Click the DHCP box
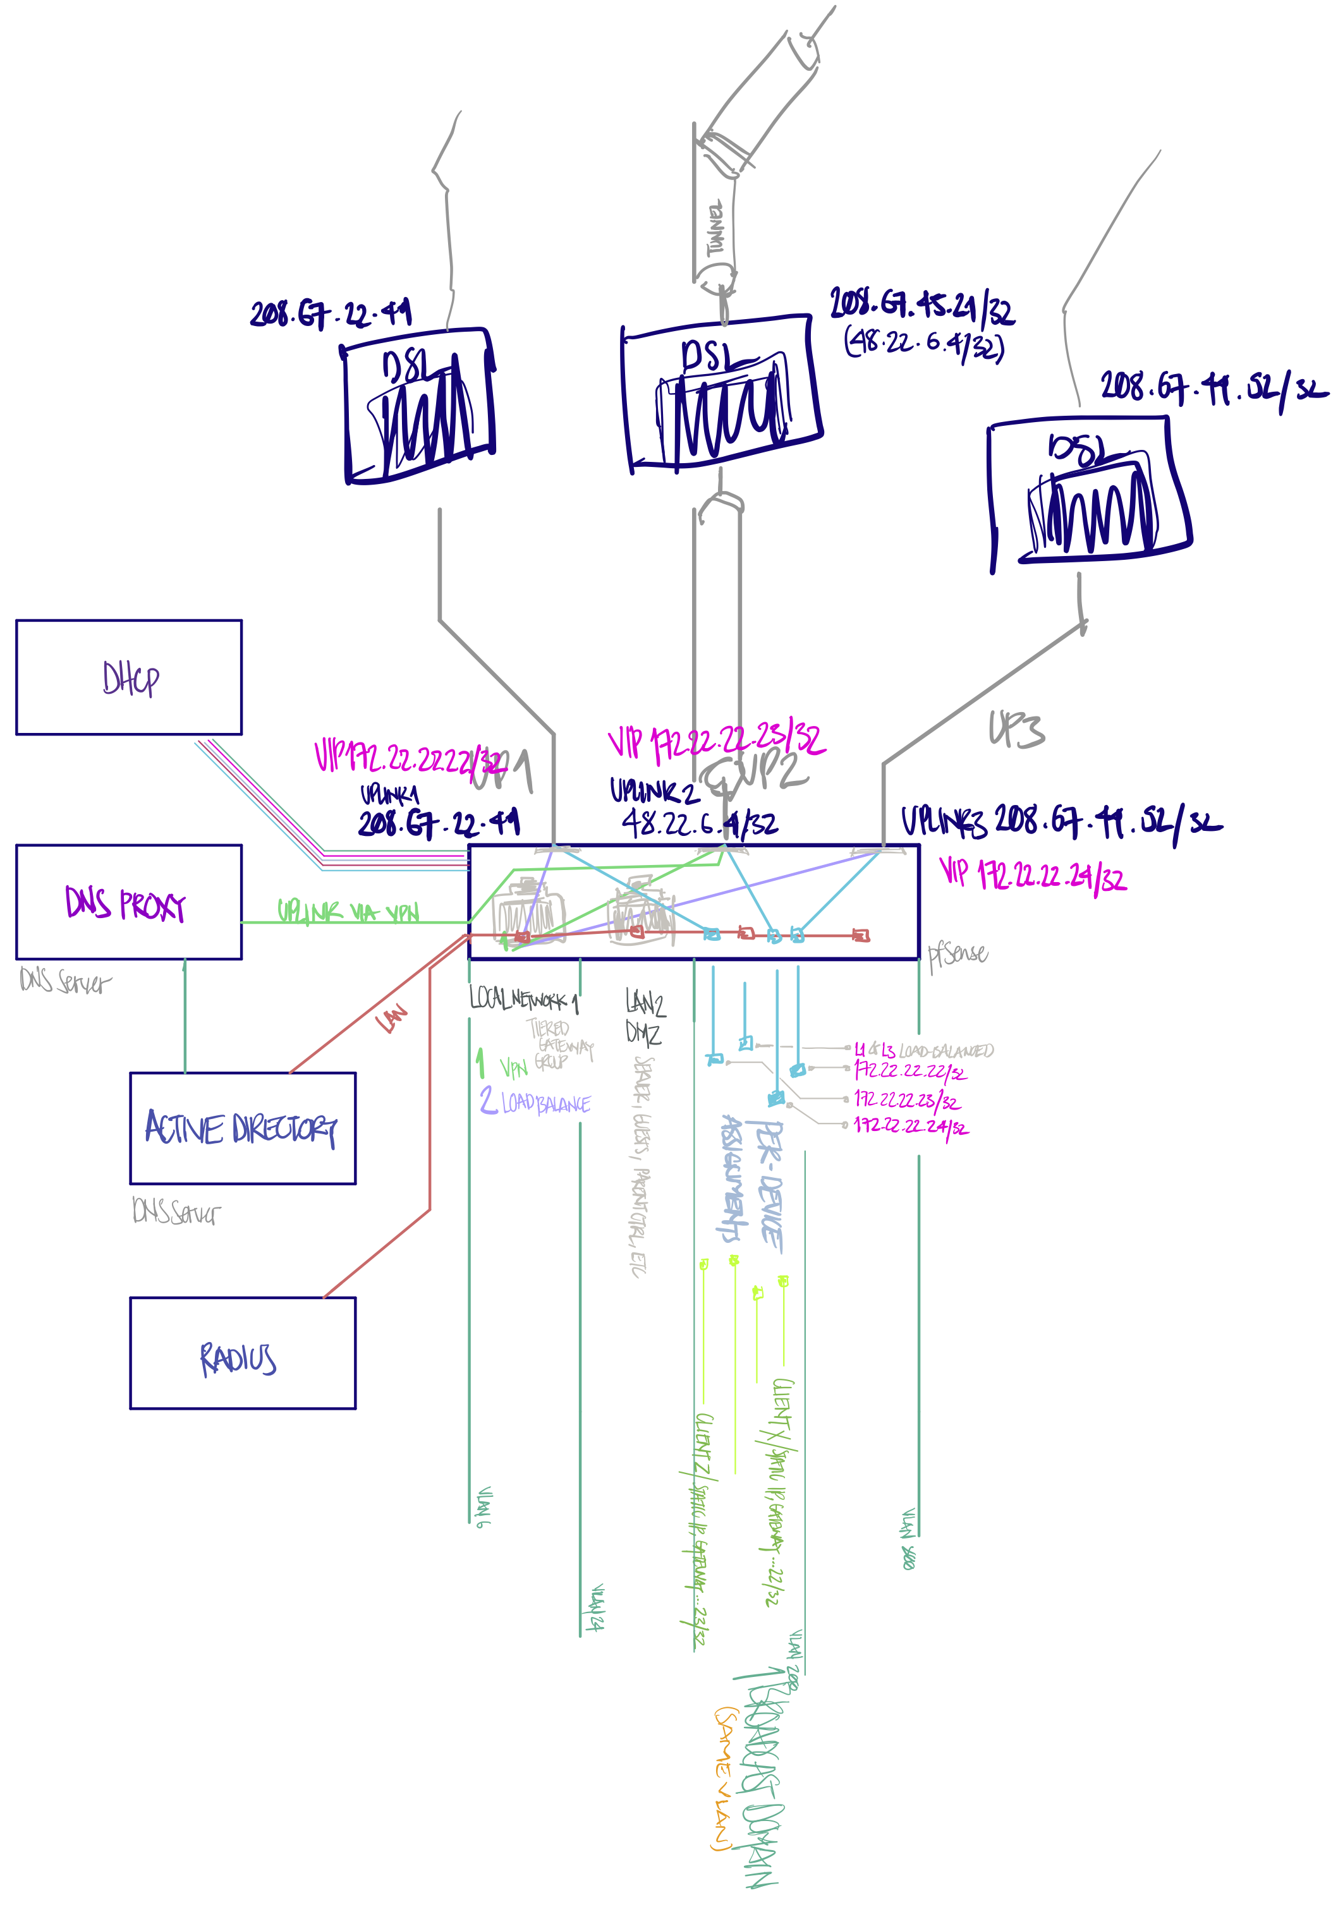129,677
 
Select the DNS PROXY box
129,902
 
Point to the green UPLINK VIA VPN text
348,912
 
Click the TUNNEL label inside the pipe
715,229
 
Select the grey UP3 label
1016,729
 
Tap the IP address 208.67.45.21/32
921,306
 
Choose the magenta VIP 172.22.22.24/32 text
1033,874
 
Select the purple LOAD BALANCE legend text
545,1103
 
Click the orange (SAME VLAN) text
724,1779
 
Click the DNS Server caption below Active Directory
176,1212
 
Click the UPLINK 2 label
654,790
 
